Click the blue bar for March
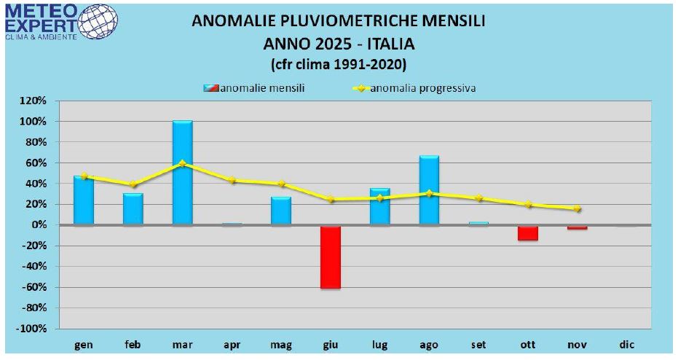182,173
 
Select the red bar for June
331,257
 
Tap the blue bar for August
429,190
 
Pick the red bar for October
528,232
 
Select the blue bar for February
133,209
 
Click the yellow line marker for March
182,163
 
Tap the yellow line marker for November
578,208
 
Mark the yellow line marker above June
331,199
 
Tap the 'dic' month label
626,343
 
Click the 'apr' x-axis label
232,343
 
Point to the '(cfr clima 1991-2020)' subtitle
339,63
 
